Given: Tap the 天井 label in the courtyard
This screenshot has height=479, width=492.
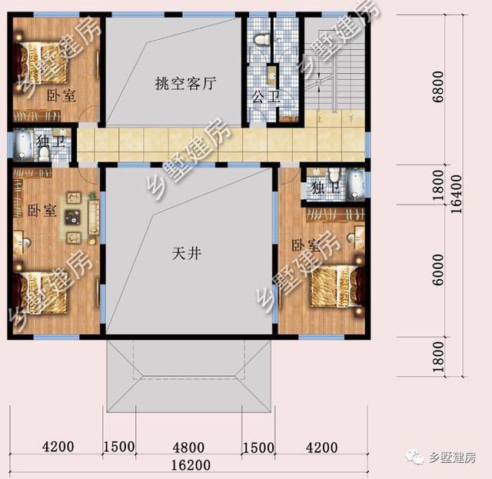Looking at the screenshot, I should tap(187, 252).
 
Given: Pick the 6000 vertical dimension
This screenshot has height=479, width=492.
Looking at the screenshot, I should tap(438, 269).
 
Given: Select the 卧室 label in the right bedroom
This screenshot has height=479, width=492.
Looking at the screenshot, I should tap(304, 245).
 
